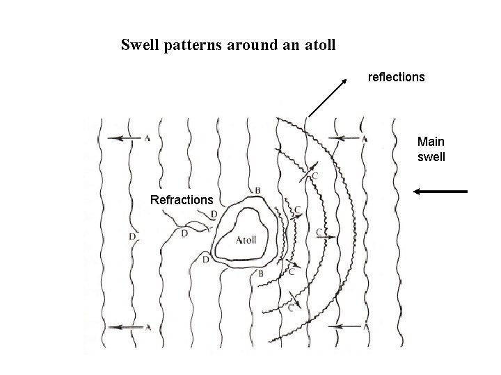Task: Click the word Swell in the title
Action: (138, 46)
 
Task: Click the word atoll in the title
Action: (317, 46)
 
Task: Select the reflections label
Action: (396, 78)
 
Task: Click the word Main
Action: (430, 141)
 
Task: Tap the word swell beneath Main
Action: (431, 157)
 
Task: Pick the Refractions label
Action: (182, 200)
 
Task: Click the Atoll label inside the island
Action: (246, 240)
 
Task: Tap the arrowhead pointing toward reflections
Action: (344, 83)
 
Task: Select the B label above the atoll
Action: (257, 190)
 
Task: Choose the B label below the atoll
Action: (261, 274)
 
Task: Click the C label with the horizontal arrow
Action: (319, 231)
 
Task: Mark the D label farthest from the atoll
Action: (132, 237)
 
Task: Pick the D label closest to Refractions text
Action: (213, 213)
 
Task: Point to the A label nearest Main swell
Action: (365, 138)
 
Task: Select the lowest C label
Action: (291, 308)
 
